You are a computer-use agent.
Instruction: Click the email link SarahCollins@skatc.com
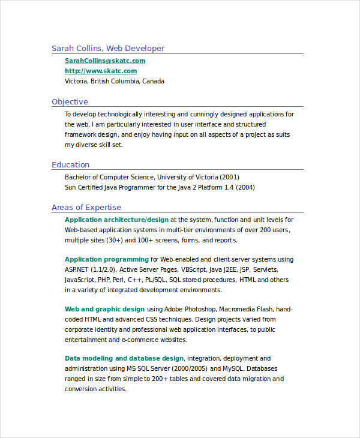104,61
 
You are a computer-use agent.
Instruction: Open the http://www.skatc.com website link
100,71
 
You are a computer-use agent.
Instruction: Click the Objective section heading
70,101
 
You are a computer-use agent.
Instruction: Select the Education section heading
70,164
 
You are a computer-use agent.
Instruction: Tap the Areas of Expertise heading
86,207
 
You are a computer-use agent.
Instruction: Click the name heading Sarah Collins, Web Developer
107,48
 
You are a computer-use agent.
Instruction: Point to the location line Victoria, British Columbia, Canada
114,81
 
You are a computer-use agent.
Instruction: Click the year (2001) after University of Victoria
229,177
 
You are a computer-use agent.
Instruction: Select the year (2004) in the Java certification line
244,187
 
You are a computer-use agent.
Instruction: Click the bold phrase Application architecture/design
116,220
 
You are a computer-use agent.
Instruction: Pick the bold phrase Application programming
107,259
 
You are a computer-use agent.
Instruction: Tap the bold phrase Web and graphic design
104,309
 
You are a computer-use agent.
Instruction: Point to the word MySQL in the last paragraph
235,368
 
